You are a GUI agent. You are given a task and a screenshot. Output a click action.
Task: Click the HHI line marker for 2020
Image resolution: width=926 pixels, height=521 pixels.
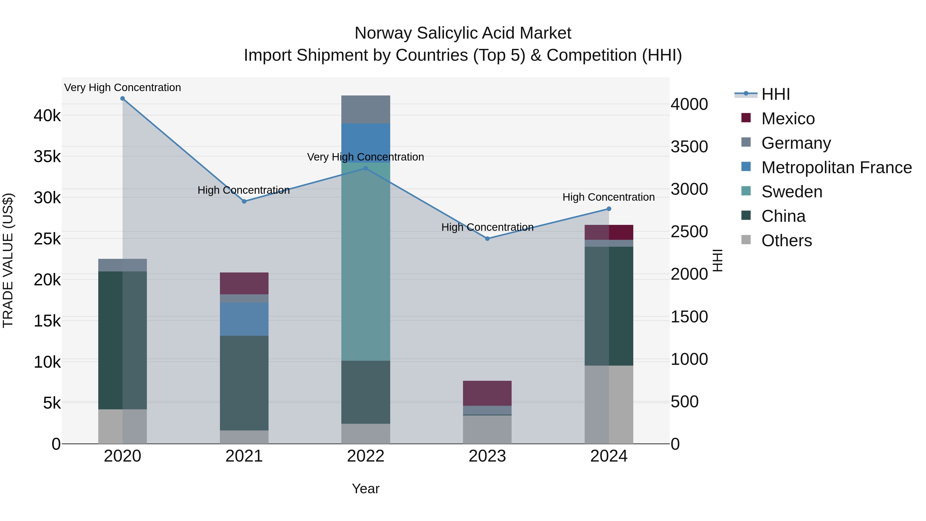click(x=123, y=99)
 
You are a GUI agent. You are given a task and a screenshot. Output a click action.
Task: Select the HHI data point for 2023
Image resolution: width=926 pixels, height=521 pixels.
click(x=487, y=239)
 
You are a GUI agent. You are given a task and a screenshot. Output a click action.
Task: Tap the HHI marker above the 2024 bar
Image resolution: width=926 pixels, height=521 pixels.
click(x=609, y=209)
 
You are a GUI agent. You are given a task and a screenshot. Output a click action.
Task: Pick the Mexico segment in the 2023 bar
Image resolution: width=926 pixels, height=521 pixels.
click(x=487, y=393)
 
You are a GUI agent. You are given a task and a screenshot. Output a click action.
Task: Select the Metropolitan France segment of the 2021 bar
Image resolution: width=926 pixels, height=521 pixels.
click(x=244, y=319)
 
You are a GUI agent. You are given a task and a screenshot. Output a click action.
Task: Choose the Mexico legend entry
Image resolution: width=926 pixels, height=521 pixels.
click(x=788, y=119)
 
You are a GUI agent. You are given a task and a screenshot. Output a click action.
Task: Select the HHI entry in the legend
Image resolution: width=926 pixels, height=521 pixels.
click(x=775, y=94)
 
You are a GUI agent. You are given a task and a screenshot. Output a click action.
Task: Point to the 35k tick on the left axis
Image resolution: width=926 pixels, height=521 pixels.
click(x=47, y=157)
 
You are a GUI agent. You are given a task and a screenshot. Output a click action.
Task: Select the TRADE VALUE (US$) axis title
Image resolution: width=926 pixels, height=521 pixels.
click(x=8, y=260)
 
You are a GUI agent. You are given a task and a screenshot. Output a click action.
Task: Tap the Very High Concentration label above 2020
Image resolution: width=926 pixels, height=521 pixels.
click(x=123, y=87)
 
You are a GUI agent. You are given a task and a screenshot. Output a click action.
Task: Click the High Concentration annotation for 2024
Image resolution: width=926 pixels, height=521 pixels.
click(x=609, y=197)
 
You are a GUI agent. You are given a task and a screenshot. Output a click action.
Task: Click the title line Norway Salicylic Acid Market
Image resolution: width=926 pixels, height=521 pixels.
click(x=463, y=33)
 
